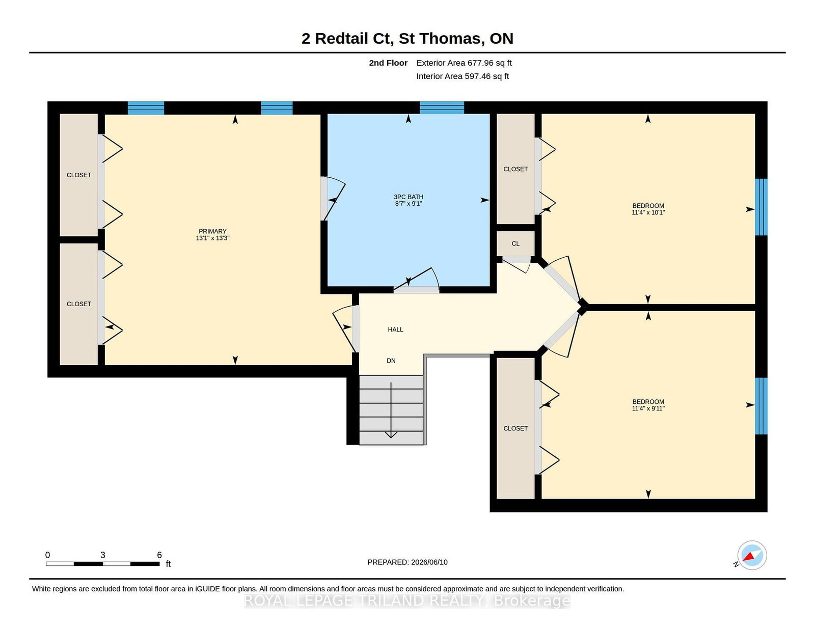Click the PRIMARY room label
(x=212, y=231)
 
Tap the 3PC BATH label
(x=409, y=197)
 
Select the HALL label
(x=395, y=329)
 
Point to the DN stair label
(x=391, y=361)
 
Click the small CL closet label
(x=515, y=243)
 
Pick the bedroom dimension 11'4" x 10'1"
(x=648, y=212)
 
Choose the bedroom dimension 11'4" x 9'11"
(x=648, y=408)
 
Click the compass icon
(x=751, y=555)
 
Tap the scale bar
(x=103, y=564)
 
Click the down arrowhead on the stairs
(x=391, y=434)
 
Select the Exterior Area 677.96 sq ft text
(x=464, y=63)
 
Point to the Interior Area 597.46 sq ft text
(x=463, y=76)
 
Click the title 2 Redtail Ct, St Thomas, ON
(x=407, y=38)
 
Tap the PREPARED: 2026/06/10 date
(x=407, y=562)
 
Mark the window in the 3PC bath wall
(x=442, y=107)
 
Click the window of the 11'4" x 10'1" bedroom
(x=761, y=207)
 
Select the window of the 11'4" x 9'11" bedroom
(x=761, y=406)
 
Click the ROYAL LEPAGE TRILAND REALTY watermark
(x=407, y=601)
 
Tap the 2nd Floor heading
(x=388, y=63)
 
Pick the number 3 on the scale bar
(x=103, y=555)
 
